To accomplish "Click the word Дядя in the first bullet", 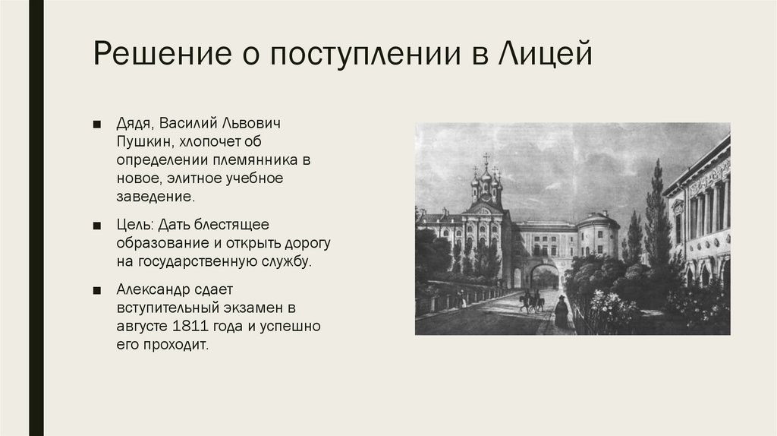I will tap(135, 123).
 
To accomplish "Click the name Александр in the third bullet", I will tap(156, 290).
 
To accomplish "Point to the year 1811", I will tap(192, 327).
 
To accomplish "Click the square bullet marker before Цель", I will tap(98, 226).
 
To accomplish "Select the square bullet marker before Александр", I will tap(98, 291).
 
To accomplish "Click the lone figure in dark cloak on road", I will tap(562, 311).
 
